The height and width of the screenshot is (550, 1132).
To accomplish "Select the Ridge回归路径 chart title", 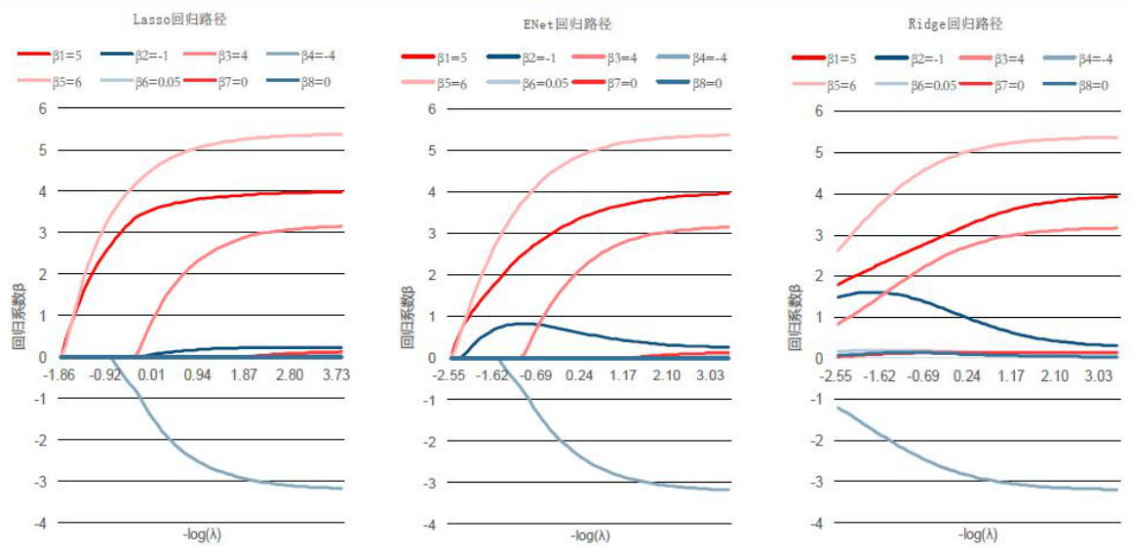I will point(957,23).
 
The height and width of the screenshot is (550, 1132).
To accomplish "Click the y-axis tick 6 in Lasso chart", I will point(43,107).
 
